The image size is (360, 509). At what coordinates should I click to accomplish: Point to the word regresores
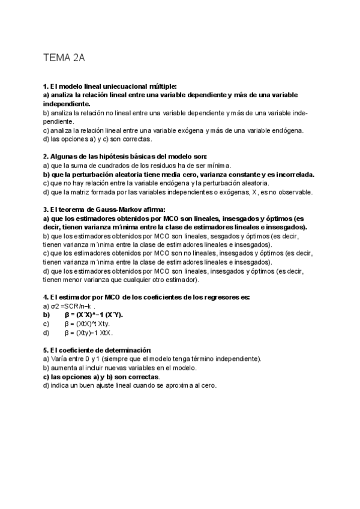223,297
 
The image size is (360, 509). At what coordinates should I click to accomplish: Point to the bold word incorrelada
290,175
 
